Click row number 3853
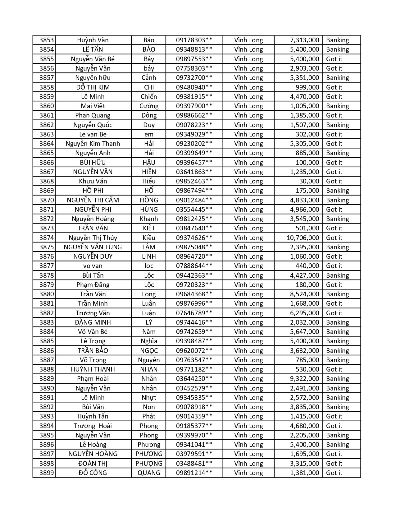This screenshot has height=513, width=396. point(47,40)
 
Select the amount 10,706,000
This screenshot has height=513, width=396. point(303,238)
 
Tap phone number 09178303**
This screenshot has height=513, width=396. point(194,40)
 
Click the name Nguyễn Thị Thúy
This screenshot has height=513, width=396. point(93,238)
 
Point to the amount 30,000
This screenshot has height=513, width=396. point(309,181)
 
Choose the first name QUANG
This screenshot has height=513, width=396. point(149,473)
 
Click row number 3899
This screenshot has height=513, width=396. point(47,473)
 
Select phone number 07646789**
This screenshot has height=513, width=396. point(194,313)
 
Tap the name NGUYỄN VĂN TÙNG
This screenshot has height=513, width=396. point(93,247)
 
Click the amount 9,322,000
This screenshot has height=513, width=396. point(304,379)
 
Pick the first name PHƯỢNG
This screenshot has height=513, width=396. point(149,464)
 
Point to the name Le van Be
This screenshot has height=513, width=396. point(93,134)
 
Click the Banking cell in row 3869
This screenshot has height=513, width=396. point(337,191)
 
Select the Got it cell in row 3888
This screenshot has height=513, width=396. point(334,369)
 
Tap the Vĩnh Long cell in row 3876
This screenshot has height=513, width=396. point(248,256)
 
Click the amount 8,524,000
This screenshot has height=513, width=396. point(304,294)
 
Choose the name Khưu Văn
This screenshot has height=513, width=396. point(93,181)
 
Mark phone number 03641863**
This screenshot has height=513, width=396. point(194,172)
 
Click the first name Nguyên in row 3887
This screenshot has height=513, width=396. point(149,360)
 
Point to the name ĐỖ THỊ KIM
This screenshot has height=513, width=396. point(93,87)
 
